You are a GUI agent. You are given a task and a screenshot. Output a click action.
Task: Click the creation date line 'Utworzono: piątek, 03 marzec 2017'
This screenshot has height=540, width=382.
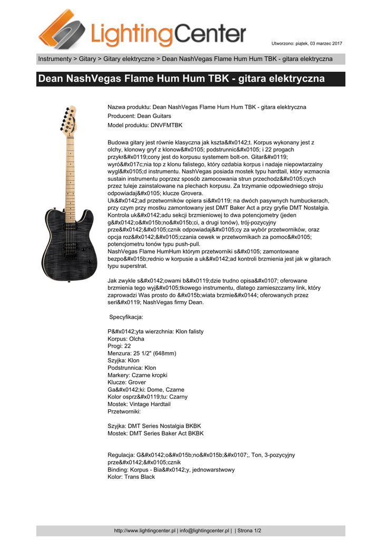click(x=307, y=43)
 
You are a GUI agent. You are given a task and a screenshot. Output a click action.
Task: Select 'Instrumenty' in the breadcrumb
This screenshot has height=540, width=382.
click(x=54, y=59)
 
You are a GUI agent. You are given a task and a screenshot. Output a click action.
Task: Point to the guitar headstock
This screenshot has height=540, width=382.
click(x=68, y=119)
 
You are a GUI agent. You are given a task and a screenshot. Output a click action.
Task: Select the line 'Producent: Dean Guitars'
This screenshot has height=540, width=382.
click(x=139, y=116)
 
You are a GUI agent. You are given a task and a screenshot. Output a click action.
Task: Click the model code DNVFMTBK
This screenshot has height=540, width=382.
click(x=166, y=125)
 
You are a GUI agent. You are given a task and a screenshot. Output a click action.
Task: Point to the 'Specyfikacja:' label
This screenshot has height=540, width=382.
click(x=126, y=317)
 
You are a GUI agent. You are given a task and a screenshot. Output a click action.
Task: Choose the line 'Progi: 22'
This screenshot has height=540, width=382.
click(x=119, y=346)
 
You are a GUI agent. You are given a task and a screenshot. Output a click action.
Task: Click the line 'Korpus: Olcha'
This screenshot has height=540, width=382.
click(x=126, y=339)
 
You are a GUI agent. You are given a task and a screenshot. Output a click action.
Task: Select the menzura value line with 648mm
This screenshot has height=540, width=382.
click(x=142, y=353)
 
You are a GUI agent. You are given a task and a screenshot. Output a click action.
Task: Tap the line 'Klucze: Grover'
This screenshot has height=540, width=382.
click(x=127, y=382)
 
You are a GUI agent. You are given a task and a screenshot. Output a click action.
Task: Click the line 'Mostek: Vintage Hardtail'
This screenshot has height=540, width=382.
click(x=139, y=404)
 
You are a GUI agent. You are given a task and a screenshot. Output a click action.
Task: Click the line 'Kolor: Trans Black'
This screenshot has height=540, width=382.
click(x=131, y=477)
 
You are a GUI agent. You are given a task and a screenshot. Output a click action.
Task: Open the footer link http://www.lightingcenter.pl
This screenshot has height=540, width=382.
click(x=145, y=531)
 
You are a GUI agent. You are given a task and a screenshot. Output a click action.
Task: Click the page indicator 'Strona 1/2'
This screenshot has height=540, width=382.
click(x=250, y=531)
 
